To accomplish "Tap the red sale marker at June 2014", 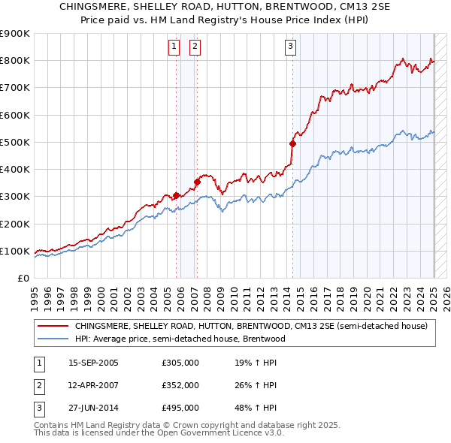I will [x=293, y=143].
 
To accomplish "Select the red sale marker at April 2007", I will [x=197, y=181].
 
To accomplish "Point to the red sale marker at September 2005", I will [x=177, y=195].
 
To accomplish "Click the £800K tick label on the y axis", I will [x=15, y=61].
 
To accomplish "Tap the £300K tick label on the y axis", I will [x=15, y=197].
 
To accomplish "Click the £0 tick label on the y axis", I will [x=23, y=278].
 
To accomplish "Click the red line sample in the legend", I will [x=53, y=327].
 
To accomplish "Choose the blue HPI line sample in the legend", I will [x=53, y=339].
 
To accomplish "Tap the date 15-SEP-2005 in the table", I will [x=93, y=363].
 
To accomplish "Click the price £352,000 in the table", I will [x=180, y=385].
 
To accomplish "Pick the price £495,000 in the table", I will [x=180, y=408].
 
